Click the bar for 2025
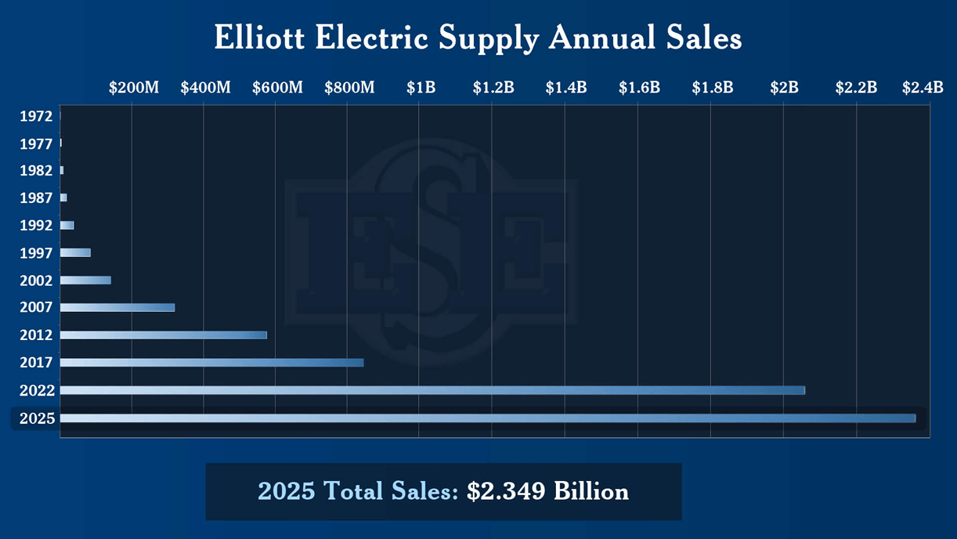[x=487, y=418]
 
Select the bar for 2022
[x=432, y=390]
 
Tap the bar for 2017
[x=211, y=363]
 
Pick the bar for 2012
[x=163, y=335]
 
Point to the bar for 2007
[x=117, y=308]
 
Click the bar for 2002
[x=85, y=280]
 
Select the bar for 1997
[x=75, y=252]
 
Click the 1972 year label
[x=36, y=116]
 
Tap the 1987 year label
[x=36, y=198]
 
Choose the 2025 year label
[x=37, y=418]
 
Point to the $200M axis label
[x=133, y=87]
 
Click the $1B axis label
[x=421, y=87]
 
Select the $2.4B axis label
[x=922, y=87]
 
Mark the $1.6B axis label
[x=639, y=87]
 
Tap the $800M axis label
[x=349, y=87]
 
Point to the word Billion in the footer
[x=591, y=491]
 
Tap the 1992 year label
[x=36, y=226]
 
